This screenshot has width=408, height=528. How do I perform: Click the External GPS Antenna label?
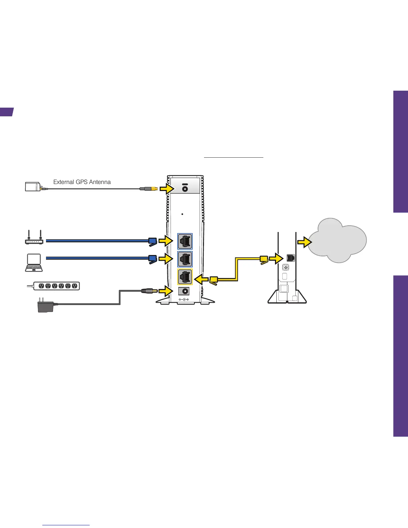(x=82, y=182)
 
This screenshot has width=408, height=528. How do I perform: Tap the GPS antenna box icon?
(x=33, y=187)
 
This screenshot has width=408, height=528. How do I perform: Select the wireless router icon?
(x=34, y=238)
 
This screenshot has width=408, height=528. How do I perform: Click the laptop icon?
(x=34, y=263)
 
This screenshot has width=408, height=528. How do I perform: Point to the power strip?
(x=56, y=286)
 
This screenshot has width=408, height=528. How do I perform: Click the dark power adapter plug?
(x=45, y=305)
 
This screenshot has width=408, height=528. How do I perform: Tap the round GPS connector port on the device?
(x=185, y=189)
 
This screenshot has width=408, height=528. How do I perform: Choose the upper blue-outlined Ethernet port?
(x=185, y=241)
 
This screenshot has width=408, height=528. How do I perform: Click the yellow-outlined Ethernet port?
(x=185, y=277)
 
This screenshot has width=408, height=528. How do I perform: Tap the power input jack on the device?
(x=184, y=291)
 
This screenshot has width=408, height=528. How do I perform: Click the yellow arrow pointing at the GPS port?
(x=166, y=189)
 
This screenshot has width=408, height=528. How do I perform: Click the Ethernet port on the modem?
(x=290, y=258)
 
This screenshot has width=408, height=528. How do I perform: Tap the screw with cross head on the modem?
(x=286, y=267)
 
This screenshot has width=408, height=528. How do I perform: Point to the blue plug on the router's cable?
(x=152, y=241)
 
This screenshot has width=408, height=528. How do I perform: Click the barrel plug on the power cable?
(x=149, y=291)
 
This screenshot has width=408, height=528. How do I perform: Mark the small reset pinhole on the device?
(x=183, y=214)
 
